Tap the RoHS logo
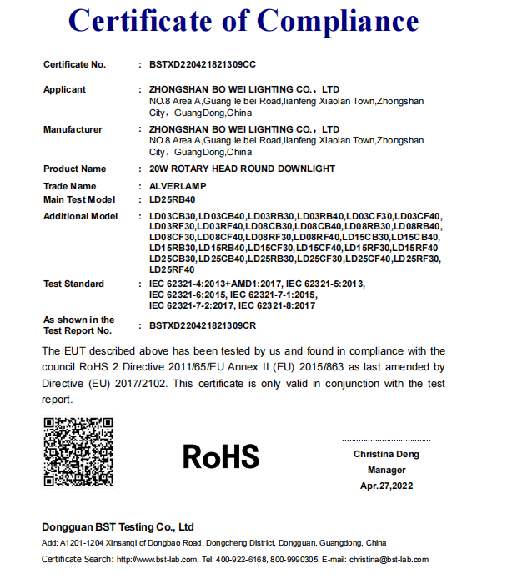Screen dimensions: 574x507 point(221,456)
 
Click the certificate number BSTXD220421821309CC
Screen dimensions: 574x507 point(202,64)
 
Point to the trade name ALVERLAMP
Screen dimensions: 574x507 point(178,186)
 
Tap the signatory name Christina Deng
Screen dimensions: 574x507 point(386,455)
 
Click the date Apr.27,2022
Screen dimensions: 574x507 point(386,486)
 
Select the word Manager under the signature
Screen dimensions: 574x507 point(386,470)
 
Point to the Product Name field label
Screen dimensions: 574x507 point(75,169)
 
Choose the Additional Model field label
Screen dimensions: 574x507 point(81,217)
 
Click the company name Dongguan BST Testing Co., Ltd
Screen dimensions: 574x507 point(118,527)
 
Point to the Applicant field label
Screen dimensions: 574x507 point(64,89)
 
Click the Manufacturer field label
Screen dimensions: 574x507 point(73,129)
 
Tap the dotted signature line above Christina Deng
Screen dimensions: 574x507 point(386,440)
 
